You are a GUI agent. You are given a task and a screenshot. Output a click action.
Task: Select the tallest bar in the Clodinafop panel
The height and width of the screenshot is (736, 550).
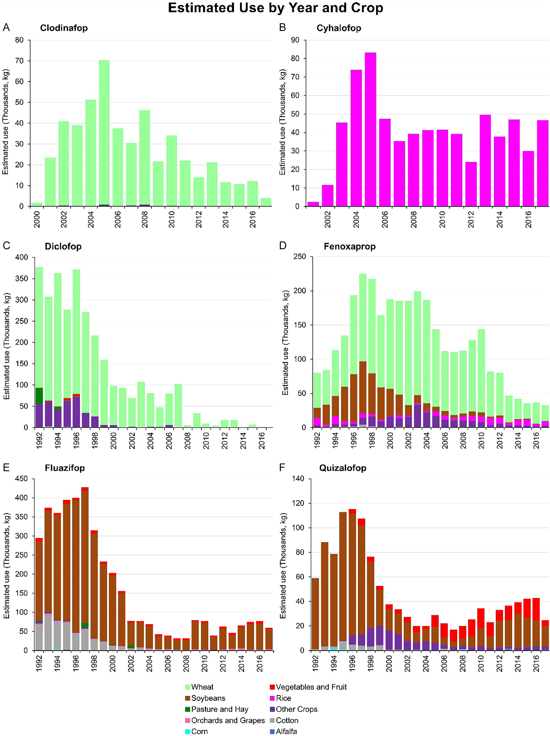point(104,133)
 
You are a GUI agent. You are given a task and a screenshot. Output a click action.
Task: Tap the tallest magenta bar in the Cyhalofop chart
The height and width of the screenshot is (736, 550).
point(370,130)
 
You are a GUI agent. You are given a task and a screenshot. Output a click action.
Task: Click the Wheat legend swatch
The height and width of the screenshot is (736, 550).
point(187,687)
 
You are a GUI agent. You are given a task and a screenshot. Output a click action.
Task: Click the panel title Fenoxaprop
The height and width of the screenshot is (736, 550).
point(350,247)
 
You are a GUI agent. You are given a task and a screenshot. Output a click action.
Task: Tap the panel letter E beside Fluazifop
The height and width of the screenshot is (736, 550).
point(6,468)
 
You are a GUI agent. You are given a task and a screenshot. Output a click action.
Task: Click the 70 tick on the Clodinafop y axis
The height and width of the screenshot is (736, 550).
point(19,61)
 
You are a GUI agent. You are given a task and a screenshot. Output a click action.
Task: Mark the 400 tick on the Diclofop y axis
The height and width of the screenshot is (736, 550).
point(22,257)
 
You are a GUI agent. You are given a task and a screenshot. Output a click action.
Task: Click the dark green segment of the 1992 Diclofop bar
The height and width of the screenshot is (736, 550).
point(39,395)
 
